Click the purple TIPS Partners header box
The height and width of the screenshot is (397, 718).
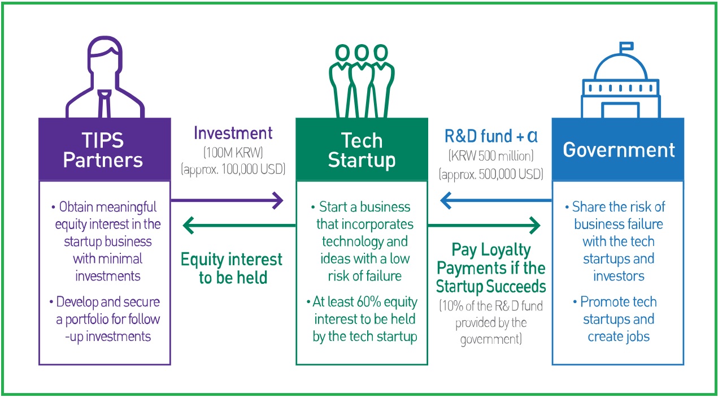(105, 149)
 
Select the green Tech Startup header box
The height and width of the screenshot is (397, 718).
(362, 149)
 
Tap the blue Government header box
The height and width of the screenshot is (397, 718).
(618, 149)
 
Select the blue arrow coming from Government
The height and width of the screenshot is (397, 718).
(495, 200)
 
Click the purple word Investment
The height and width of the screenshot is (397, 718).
(233, 133)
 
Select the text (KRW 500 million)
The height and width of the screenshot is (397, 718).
(491, 155)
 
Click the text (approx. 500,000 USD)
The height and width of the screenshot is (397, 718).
(491, 174)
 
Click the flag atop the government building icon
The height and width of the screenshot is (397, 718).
(625, 47)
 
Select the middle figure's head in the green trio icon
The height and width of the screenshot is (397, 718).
(362, 53)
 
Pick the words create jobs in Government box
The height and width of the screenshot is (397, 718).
(618, 336)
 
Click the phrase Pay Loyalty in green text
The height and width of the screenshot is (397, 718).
(491, 249)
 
